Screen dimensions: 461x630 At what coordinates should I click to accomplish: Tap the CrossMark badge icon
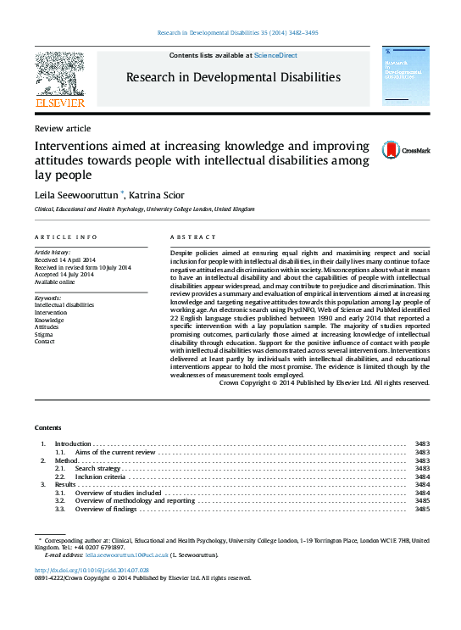(x=368, y=151)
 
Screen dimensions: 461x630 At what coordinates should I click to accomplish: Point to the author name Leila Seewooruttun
(x=76, y=194)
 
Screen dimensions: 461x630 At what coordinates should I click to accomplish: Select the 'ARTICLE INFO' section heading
(x=65, y=237)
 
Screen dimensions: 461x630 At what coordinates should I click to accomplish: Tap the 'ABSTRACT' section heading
(x=189, y=237)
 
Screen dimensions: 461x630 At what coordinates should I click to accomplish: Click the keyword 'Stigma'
(x=44, y=335)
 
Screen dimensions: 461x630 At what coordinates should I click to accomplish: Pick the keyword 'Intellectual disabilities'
(x=64, y=304)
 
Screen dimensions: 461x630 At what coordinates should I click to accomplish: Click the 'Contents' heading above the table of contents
(x=48, y=427)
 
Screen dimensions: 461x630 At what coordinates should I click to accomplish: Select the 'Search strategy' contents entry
(x=97, y=468)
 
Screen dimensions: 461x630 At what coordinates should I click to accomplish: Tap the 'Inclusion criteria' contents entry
(x=100, y=477)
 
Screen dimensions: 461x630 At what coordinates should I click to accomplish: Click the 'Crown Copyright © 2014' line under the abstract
(x=324, y=382)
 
